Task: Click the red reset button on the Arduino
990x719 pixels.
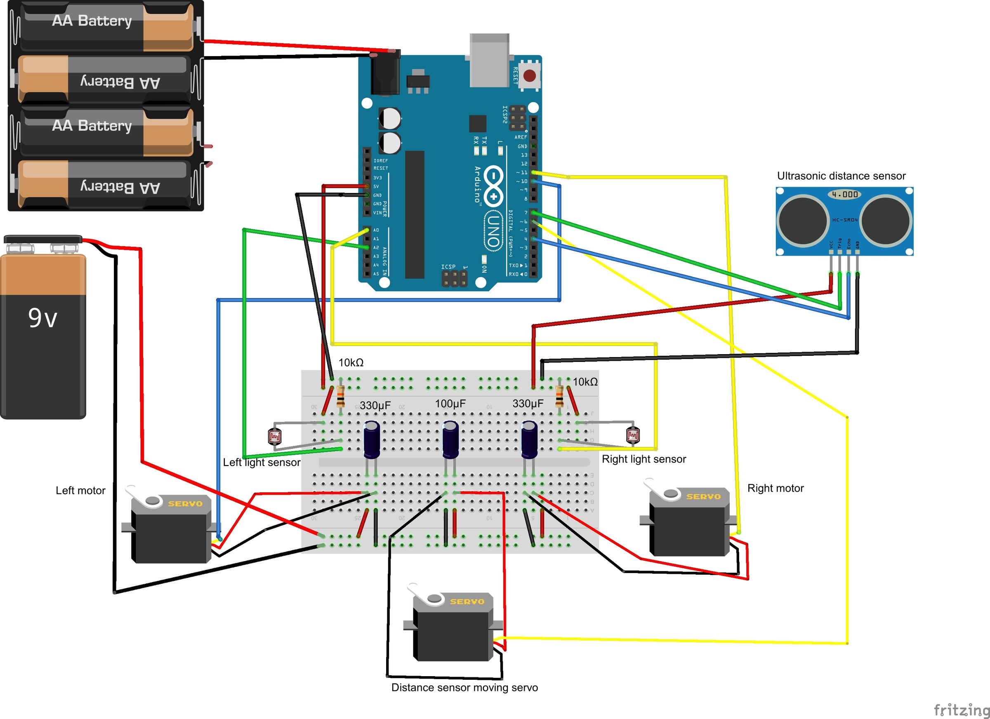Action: (530, 76)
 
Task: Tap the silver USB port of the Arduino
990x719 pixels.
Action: (489, 60)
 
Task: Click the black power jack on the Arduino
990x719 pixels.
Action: (384, 75)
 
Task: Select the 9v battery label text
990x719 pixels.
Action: (42, 317)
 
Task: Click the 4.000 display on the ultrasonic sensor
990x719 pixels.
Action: (844, 194)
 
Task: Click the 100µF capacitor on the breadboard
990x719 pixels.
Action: (450, 439)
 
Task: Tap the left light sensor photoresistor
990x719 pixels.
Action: (275, 436)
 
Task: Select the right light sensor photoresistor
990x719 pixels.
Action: (632, 435)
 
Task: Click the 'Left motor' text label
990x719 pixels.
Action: (80, 490)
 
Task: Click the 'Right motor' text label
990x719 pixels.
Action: (775, 488)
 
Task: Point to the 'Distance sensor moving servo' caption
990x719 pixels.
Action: (464, 688)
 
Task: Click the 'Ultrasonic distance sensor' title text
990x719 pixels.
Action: (841, 176)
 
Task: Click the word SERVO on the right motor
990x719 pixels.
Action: (703, 496)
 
